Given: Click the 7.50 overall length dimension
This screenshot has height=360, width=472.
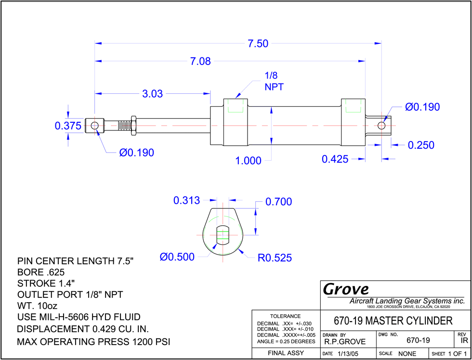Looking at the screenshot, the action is pyautogui.click(x=258, y=44).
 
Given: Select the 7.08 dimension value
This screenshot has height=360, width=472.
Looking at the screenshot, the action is pyautogui.click(x=200, y=62).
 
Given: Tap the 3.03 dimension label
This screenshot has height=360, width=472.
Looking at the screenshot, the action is pyautogui.click(x=152, y=94).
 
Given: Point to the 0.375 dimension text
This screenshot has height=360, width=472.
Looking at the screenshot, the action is pyautogui.click(x=68, y=126).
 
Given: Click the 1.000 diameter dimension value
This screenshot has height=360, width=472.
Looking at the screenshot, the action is pyautogui.click(x=249, y=161).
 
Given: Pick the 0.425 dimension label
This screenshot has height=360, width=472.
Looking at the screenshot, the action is pyautogui.click(x=335, y=159).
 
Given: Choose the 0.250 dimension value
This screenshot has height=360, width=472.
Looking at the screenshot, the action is pyautogui.click(x=421, y=145).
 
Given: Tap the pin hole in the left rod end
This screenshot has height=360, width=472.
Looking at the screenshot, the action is pyautogui.click(x=94, y=126).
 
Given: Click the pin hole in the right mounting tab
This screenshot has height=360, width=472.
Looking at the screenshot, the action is pyautogui.click(x=381, y=125).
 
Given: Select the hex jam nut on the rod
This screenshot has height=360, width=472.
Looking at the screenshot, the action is pyautogui.click(x=134, y=125).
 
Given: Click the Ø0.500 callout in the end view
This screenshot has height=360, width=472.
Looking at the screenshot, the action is pyautogui.click(x=177, y=257).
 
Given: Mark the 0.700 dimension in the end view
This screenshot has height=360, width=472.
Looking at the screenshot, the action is pyautogui.click(x=279, y=202).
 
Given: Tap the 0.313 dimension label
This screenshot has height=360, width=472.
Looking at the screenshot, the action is pyautogui.click(x=187, y=200).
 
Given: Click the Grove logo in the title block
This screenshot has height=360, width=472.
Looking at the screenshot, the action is pyautogui.click(x=346, y=289).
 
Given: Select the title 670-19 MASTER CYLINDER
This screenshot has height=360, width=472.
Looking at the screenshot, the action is pyautogui.click(x=393, y=321).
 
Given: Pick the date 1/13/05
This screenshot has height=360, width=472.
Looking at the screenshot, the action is pyautogui.click(x=348, y=354).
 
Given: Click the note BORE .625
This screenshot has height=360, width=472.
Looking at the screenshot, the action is pyautogui.click(x=41, y=272).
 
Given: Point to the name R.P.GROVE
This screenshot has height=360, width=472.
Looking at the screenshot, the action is pyautogui.click(x=345, y=342).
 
